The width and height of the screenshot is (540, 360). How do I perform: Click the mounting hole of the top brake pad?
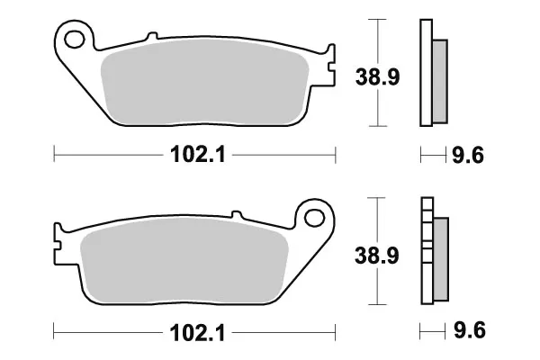pyautogui.click(x=75, y=40)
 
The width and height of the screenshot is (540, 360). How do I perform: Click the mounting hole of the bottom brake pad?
pyautogui.click(x=314, y=218)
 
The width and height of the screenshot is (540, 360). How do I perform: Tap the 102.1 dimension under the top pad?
pyautogui.click(x=198, y=155)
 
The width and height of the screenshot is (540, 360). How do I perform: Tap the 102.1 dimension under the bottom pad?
pyautogui.click(x=197, y=333)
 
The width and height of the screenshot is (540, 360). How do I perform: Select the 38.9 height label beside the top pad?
pyautogui.click(x=378, y=76)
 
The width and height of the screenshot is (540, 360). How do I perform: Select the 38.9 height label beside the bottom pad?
pyautogui.click(x=377, y=256)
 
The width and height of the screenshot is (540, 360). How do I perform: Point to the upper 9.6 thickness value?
pyautogui.click(x=468, y=155)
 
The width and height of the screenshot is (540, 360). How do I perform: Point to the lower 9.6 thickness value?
pyautogui.click(x=470, y=330)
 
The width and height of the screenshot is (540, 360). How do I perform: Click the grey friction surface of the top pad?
pyautogui.click(x=205, y=82)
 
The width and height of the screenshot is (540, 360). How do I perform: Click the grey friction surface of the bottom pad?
pyautogui.click(x=184, y=260)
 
